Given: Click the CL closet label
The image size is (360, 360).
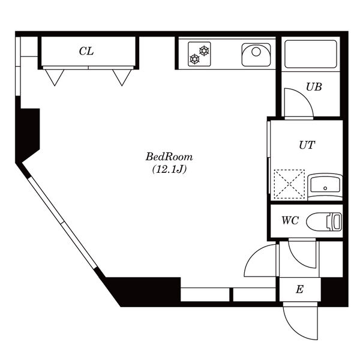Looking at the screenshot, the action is click(86, 51).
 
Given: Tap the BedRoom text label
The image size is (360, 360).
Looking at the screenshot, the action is click(169, 157).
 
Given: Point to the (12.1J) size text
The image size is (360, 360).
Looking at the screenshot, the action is click(169, 169).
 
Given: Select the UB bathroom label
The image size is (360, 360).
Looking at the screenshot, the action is click(314, 87).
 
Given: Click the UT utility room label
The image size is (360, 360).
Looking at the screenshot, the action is click(307, 145).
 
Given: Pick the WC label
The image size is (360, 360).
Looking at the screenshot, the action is click(290, 220).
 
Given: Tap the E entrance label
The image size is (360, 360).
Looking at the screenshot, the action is click(299, 289).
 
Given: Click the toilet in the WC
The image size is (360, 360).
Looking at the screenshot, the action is click(324, 222).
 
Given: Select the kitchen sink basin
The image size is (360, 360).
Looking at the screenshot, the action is click(256, 55).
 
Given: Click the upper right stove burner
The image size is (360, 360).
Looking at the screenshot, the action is click(204, 51).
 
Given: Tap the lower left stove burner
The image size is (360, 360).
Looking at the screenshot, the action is click(194, 59).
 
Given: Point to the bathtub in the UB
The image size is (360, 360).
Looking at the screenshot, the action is click(311, 54).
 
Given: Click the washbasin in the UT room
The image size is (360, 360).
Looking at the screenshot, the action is click(325, 187).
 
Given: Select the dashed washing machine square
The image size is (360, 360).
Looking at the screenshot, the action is click(290, 184).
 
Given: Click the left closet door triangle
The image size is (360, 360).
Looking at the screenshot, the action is click(55, 77).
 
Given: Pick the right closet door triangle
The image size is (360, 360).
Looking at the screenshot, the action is click(122, 77).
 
